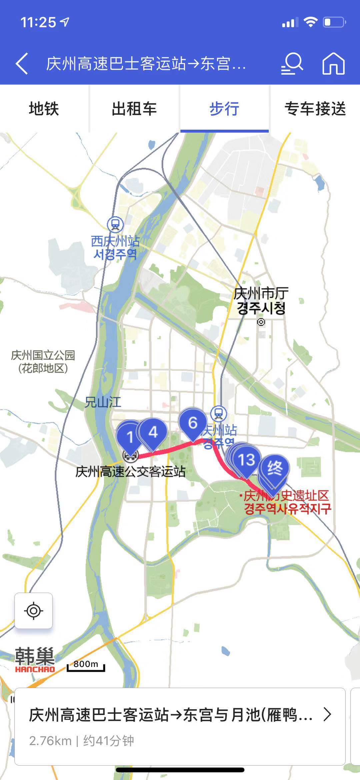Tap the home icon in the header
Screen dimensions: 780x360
point(333,63)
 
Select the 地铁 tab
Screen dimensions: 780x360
point(44,109)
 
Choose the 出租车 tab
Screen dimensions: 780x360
point(134,109)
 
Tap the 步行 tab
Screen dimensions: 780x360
point(224,109)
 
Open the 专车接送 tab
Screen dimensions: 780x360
point(315,109)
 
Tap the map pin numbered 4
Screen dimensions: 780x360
point(153,433)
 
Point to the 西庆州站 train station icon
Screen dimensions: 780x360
point(115,225)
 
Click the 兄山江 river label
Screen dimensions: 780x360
point(103,402)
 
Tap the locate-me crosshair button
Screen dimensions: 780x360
point(34,611)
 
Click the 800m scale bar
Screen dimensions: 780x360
point(86,665)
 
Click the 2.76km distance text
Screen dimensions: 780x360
point(50,741)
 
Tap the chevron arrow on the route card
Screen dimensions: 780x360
point(327,715)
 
